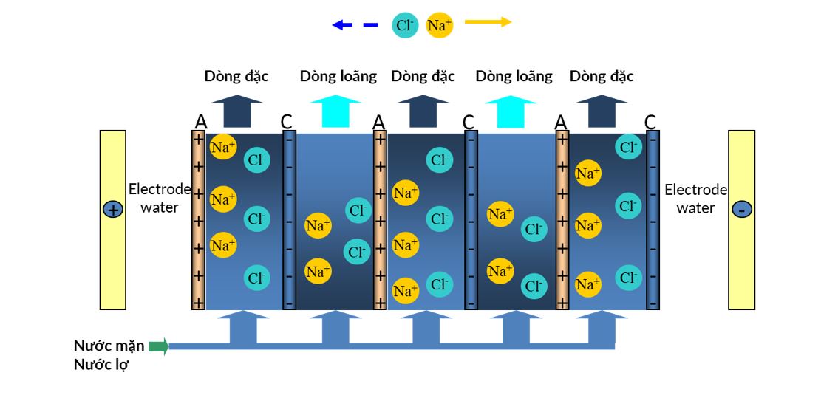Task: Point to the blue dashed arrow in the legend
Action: pyautogui.click(x=354, y=25)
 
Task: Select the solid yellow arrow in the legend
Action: pyautogui.click(x=488, y=22)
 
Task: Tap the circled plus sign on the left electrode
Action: pyautogui.click(x=112, y=210)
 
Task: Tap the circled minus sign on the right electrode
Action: pyautogui.click(x=741, y=210)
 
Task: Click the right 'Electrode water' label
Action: pyautogui.click(x=695, y=199)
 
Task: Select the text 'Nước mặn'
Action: pyautogui.click(x=109, y=346)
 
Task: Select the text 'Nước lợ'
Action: pyautogui.click(x=101, y=365)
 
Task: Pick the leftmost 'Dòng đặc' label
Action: pyautogui.click(x=236, y=76)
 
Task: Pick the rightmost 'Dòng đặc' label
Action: pyautogui.click(x=602, y=76)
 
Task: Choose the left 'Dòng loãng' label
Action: pyautogui.click(x=338, y=76)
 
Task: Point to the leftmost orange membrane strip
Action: pyautogui.click(x=198, y=220)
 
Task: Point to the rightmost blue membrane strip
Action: pyautogui.click(x=653, y=220)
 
